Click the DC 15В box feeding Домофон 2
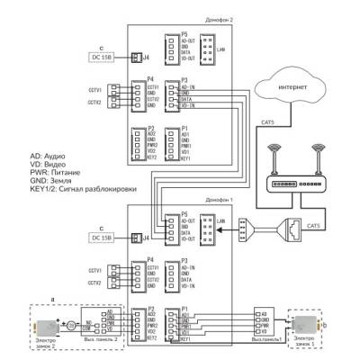(x=107, y=58)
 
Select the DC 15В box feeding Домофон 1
(x=107, y=238)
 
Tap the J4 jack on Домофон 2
(x=135, y=58)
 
